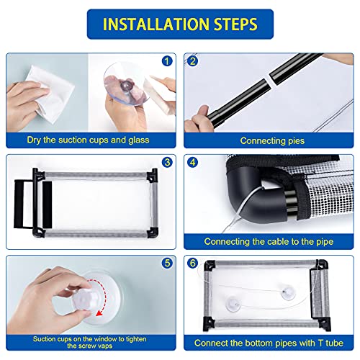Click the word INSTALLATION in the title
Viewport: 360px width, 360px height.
(156, 24)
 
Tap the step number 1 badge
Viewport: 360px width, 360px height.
(167, 61)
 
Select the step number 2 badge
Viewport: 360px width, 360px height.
(192, 61)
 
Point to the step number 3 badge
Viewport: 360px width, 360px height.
(167, 163)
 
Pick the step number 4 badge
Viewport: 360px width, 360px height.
(192, 163)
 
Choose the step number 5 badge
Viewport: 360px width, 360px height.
(167, 264)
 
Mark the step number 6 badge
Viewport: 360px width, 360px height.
(192, 264)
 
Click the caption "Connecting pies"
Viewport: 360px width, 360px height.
(272, 141)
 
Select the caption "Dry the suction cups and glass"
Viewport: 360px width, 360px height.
(88, 140)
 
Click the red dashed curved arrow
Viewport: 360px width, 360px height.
(104, 295)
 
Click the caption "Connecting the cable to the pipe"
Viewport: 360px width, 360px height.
(269, 242)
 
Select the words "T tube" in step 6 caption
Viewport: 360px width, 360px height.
(330, 343)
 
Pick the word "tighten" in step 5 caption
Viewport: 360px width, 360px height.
(136, 339)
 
